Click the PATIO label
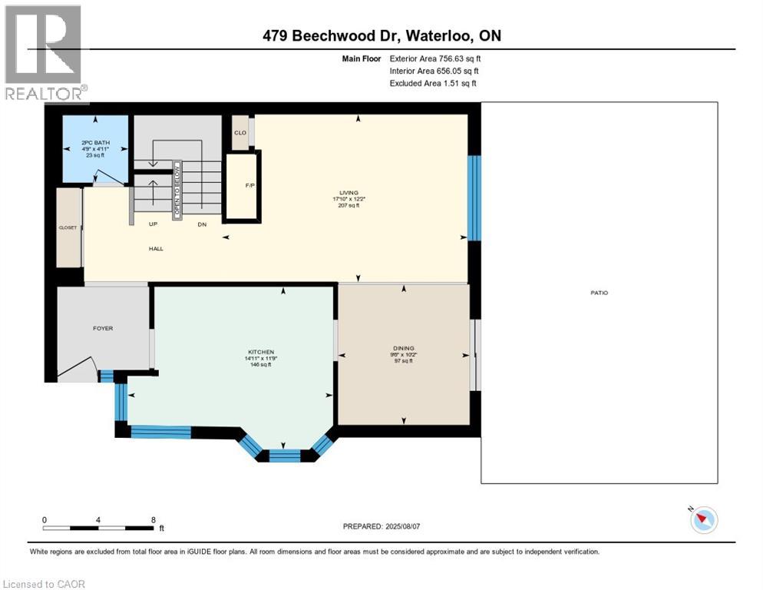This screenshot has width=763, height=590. (599, 293)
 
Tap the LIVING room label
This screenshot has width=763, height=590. (349, 193)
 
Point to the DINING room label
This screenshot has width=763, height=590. (403, 348)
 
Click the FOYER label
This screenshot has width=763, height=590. (103, 328)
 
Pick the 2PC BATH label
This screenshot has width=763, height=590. (96, 142)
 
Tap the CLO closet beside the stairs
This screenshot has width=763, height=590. (240, 133)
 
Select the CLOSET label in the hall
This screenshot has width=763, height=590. (68, 227)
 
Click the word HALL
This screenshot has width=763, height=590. (156, 248)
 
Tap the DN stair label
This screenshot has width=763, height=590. (201, 224)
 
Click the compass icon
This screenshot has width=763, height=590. (703, 520)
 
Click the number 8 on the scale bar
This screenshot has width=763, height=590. (154, 519)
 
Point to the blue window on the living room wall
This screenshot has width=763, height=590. (474, 197)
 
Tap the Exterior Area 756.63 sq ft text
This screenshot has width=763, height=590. (435, 58)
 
